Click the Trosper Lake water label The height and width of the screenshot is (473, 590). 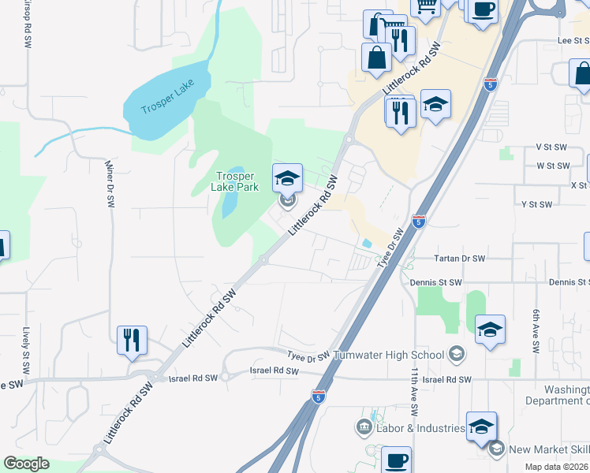167,99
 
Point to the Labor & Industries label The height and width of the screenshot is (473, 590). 420,428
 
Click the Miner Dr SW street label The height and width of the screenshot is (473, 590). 109,184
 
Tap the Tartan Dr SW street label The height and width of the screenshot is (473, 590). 460,258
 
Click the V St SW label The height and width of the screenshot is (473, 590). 551,147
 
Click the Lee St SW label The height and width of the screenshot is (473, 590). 573,40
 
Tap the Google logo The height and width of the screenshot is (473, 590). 26,464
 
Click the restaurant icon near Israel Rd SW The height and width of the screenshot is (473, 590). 131,340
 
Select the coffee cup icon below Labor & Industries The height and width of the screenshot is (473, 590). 397,460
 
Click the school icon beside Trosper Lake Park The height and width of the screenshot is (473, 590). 287,178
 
